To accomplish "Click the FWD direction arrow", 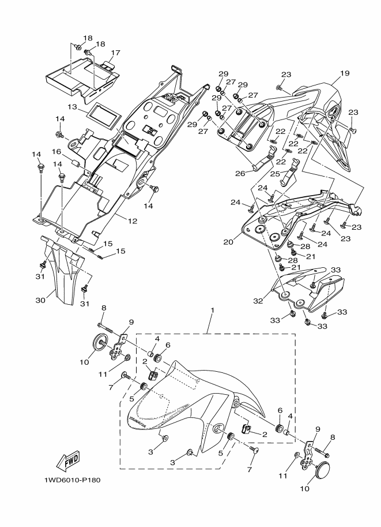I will [69, 459].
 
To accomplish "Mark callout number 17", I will [116, 53].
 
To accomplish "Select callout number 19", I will [344, 73].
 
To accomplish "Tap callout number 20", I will [229, 242].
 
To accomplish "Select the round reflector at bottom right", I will [321, 470].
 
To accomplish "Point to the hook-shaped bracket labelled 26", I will [263, 159].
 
